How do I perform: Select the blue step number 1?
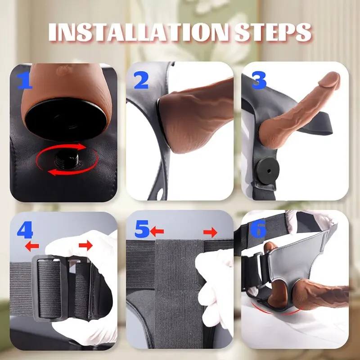pos(25,81)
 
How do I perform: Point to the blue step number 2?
pos(141,81)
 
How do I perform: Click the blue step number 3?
pos(259,81)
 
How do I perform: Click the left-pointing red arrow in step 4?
pos(32,246)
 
